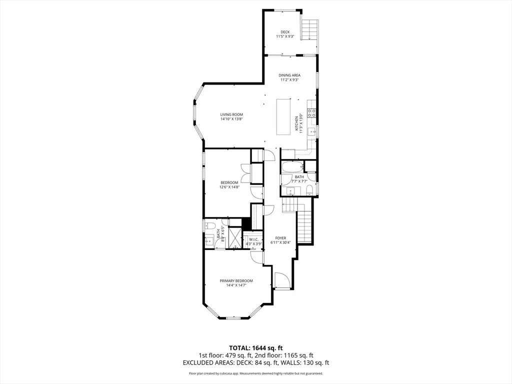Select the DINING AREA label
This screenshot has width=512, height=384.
289,77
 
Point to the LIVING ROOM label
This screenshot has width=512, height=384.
231,116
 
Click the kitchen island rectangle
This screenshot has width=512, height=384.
284,116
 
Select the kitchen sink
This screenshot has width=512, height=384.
311,132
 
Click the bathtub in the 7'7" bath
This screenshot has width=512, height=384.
292,166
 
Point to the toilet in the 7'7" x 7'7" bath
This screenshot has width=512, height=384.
309,189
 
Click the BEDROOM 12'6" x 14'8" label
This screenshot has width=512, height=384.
229,184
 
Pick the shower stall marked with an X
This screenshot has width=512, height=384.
234,237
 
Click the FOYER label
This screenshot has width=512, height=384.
280,240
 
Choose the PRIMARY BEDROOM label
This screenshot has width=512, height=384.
236,283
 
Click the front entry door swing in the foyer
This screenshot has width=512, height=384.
281,280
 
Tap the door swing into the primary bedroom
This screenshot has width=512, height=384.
257,256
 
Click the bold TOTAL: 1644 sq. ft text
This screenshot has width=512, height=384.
256,347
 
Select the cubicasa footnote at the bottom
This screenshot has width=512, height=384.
255,373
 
